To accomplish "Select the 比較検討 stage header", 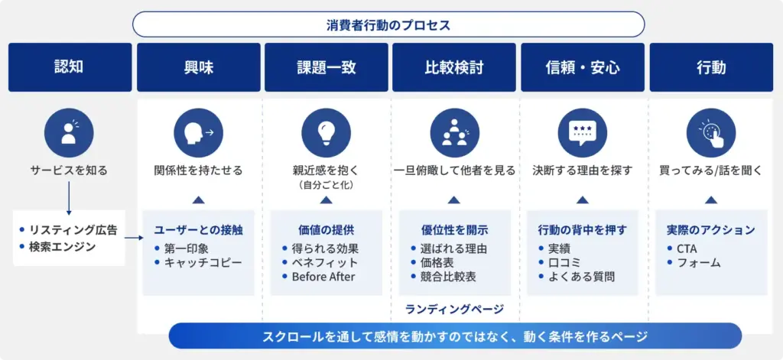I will [454, 67].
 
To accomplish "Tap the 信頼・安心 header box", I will [583, 67].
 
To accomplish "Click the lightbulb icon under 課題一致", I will [327, 131].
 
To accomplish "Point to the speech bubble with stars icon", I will [583, 131].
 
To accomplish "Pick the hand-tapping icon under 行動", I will [711, 131].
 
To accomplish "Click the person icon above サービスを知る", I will [69, 131].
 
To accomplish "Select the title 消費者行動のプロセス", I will [388, 24].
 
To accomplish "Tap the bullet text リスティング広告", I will [73, 229].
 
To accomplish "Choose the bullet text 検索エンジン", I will [68, 246].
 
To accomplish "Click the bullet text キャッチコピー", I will [203, 262].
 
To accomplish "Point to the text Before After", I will [323, 277].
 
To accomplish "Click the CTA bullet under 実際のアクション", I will [687, 248].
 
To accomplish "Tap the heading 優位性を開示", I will [454, 229].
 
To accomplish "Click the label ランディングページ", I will [454, 309].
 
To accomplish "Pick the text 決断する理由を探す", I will [583, 170].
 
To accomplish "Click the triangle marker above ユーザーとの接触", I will [198, 200].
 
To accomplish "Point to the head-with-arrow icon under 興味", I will [198, 131].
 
